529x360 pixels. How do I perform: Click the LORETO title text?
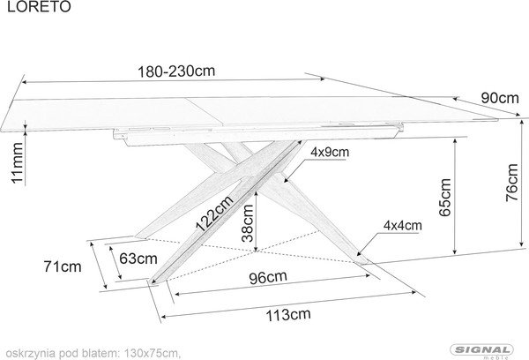(39, 6)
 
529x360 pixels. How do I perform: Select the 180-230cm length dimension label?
(176, 71)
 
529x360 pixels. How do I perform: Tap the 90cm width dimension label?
(500, 98)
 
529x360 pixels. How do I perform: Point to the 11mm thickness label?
(18, 162)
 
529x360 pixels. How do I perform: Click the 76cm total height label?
(511, 183)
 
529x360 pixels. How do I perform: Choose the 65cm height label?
(444, 198)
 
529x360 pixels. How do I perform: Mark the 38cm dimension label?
(247, 223)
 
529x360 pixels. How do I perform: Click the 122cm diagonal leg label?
(215, 214)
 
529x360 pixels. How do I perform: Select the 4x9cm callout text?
(330, 153)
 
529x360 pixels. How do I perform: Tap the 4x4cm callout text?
(403, 225)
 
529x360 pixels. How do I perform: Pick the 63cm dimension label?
(138, 259)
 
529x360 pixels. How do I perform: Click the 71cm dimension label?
(63, 266)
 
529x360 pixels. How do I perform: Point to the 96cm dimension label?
(268, 278)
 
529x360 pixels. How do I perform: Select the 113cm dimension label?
(288, 315)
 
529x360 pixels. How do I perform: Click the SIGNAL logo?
(482, 351)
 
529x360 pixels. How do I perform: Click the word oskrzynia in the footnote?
(30, 354)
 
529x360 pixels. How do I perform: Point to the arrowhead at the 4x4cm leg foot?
(359, 253)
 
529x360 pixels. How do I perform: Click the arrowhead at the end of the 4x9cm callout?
(286, 180)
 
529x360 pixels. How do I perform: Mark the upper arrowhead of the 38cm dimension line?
(256, 193)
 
